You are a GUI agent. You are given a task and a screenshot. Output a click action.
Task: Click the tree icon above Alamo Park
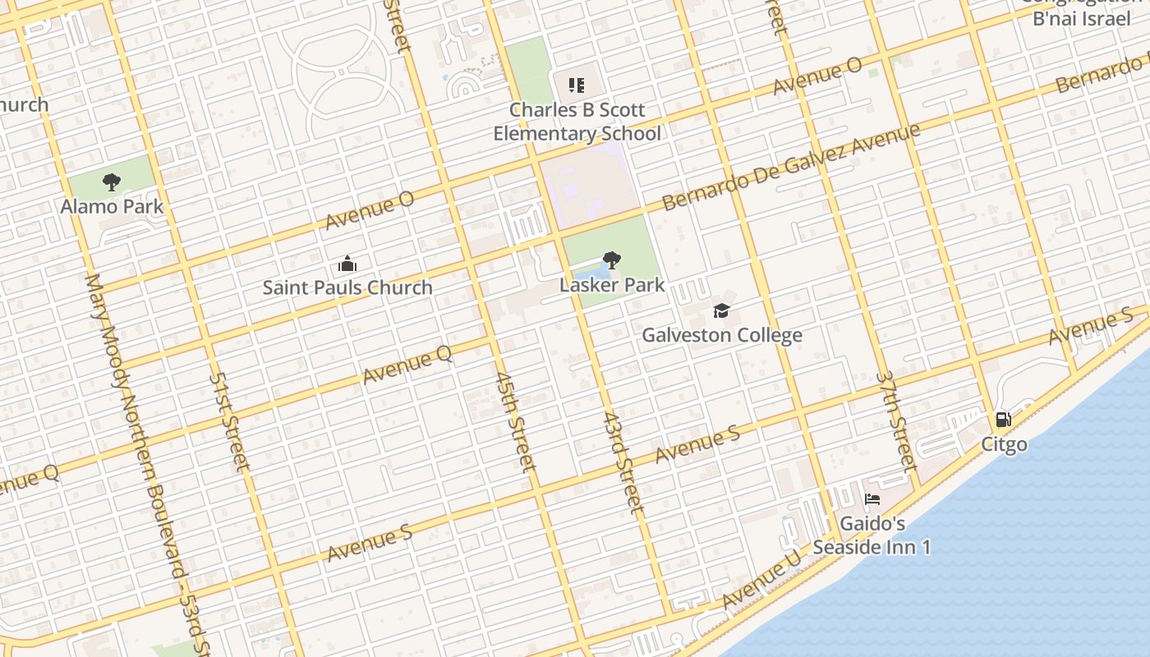(112, 182)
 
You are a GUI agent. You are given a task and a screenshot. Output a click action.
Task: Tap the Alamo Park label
(112, 206)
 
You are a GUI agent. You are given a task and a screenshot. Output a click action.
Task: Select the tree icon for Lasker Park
(611, 261)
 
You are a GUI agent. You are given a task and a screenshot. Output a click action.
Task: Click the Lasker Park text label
(612, 286)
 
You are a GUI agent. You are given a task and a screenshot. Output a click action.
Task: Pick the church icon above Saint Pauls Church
(347, 264)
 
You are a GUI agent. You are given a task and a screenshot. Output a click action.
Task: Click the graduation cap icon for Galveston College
(721, 310)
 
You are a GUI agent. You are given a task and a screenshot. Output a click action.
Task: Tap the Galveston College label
(722, 335)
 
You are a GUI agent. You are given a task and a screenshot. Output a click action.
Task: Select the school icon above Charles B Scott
(577, 85)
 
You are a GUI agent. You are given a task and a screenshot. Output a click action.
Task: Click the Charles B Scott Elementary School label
(577, 122)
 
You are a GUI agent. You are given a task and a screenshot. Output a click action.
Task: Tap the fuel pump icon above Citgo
(1003, 420)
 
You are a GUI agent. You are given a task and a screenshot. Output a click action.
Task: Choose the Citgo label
(1004, 444)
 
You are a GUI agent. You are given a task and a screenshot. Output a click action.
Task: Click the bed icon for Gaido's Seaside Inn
(872, 499)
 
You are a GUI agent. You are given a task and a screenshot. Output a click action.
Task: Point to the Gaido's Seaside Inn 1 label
(872, 535)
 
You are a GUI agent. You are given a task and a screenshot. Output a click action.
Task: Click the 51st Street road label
(229, 422)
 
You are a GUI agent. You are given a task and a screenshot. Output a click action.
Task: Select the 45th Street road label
(516, 421)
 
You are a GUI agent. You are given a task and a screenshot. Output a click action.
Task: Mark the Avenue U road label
(762, 579)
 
